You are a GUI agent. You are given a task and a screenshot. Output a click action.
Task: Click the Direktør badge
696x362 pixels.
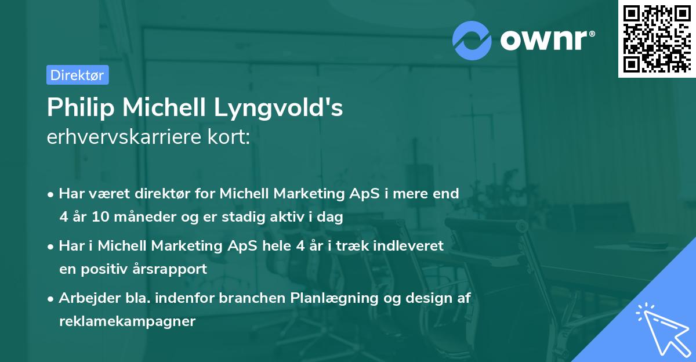click(x=77, y=75)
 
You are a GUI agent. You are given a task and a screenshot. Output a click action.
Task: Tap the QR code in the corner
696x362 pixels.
click(x=656, y=38)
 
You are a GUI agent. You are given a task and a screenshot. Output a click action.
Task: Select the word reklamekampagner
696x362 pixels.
click(x=127, y=321)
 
